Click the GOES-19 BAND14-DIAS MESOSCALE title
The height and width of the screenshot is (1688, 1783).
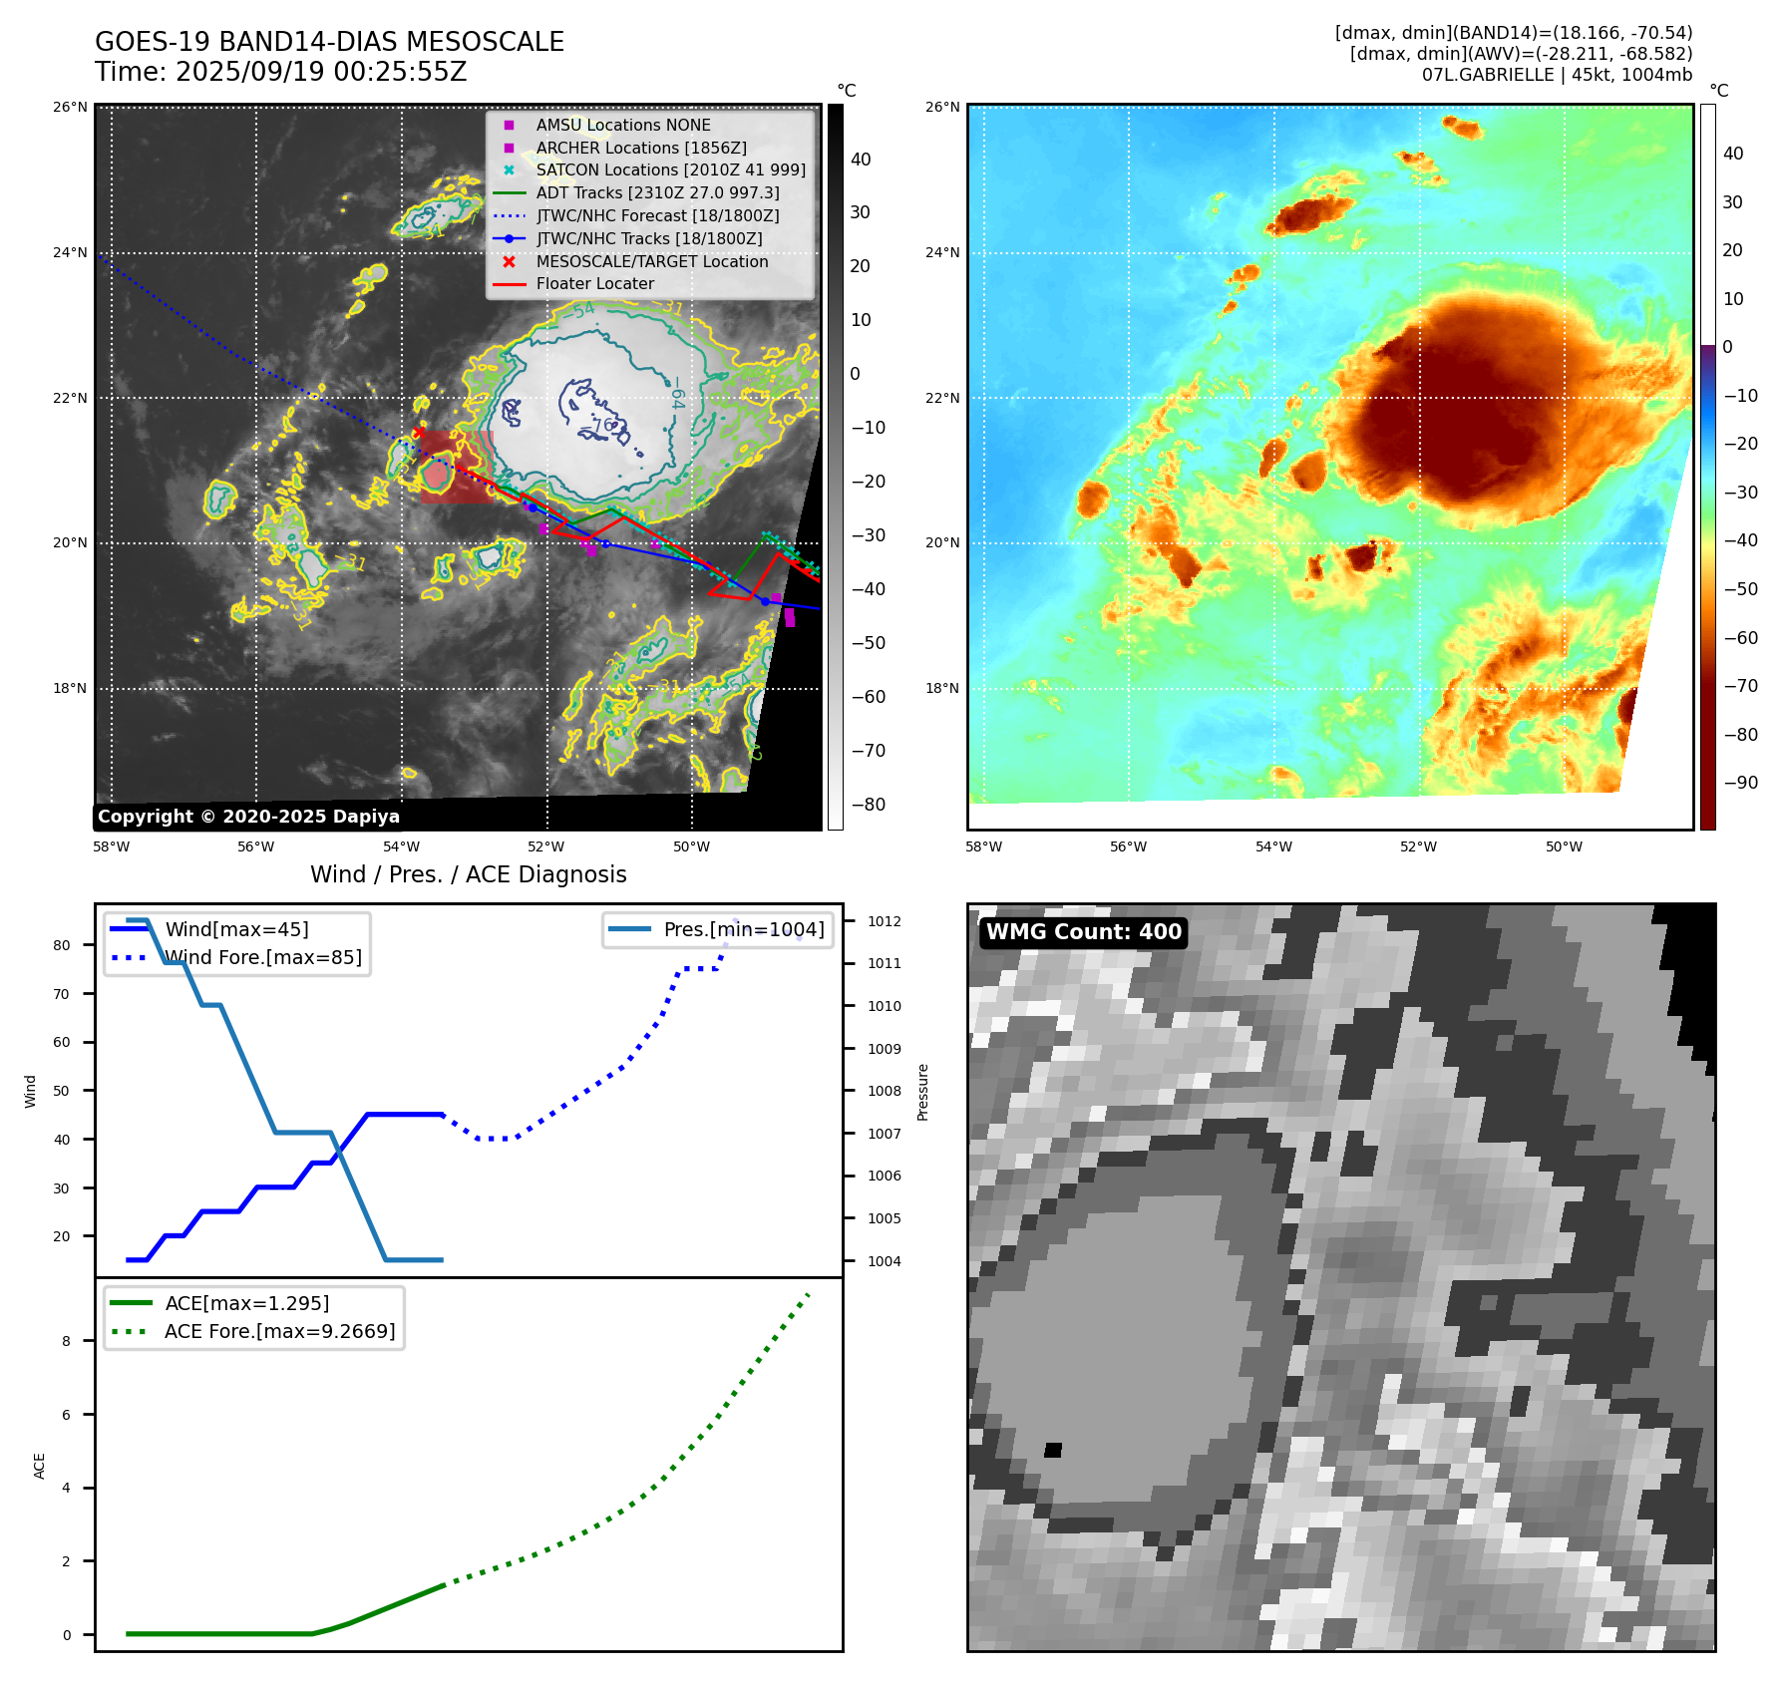click(329, 42)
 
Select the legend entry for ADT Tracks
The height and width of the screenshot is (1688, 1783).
click(657, 192)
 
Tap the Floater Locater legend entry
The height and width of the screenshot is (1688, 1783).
click(594, 283)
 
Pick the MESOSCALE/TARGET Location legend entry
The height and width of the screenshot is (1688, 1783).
click(651, 261)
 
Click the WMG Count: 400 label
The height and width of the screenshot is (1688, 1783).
click(1083, 932)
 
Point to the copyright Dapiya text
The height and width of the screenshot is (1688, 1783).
click(248, 817)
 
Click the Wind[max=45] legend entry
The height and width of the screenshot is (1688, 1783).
click(236, 929)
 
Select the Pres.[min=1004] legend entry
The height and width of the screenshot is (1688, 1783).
click(743, 929)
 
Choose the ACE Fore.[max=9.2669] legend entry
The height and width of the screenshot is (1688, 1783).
click(279, 1331)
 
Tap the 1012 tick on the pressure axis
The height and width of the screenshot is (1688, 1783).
click(884, 921)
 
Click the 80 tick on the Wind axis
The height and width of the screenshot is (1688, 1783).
click(62, 945)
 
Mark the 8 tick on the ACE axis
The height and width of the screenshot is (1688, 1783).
click(67, 1341)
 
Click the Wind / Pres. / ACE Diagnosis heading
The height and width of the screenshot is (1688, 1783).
click(468, 874)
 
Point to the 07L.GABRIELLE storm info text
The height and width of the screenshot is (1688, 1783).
click(1556, 75)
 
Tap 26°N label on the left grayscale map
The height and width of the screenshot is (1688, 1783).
click(70, 107)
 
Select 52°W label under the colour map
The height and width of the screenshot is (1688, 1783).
click(1418, 846)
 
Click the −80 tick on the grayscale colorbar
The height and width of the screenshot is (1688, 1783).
click(868, 805)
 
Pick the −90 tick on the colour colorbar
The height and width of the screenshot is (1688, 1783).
click(1740, 783)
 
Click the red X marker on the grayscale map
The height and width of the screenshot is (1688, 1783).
click(419, 433)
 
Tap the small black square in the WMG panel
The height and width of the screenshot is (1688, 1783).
click(1053, 1450)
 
